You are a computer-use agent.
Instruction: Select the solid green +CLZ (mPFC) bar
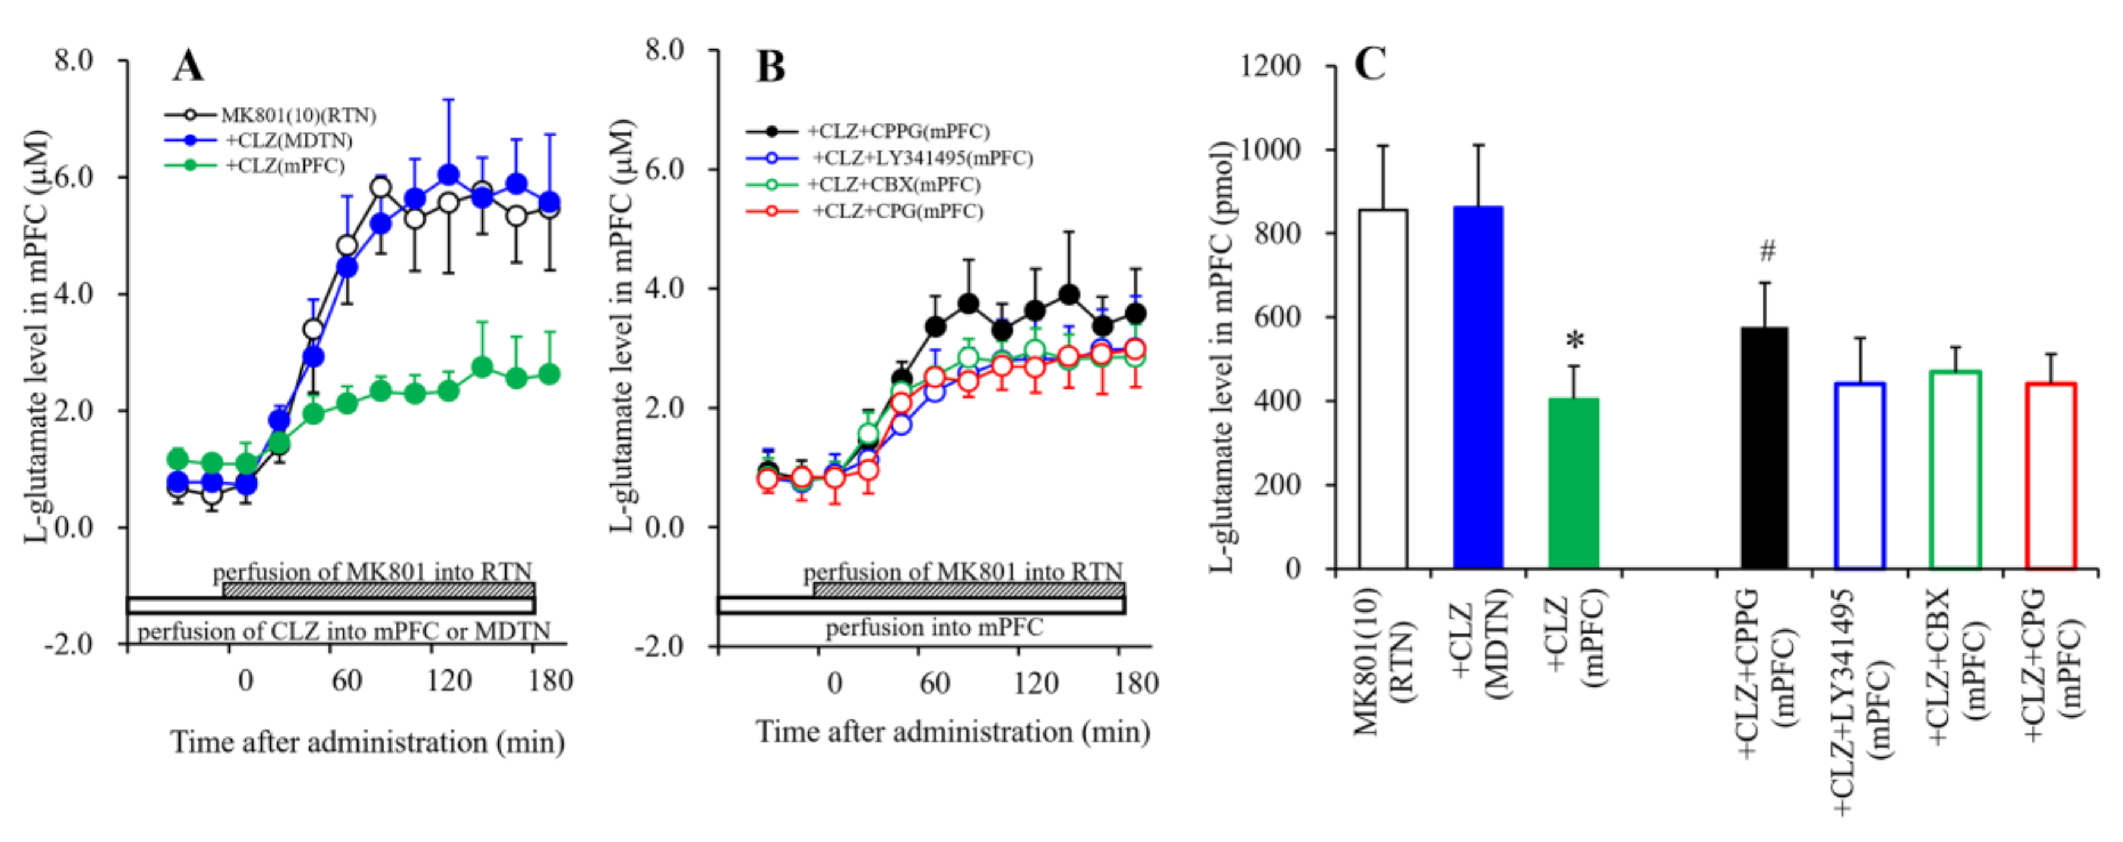pyautogui.click(x=1573, y=484)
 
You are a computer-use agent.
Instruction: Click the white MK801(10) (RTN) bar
pyautogui.click(x=1383, y=389)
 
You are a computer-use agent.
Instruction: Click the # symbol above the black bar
pyautogui.click(x=1767, y=250)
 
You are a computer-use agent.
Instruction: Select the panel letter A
pyautogui.click(x=188, y=66)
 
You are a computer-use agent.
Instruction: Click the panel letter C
pyautogui.click(x=1370, y=63)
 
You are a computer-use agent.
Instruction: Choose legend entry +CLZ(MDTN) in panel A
pyautogui.click(x=289, y=141)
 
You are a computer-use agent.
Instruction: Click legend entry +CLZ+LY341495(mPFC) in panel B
pyautogui.click(x=922, y=157)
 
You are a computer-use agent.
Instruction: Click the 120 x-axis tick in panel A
pyautogui.click(x=448, y=681)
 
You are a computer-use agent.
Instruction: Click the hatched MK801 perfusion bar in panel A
pyautogui.click(x=379, y=590)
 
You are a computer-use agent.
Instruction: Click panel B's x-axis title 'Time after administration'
pyautogui.click(x=953, y=732)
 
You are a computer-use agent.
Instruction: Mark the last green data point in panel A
pyautogui.click(x=549, y=374)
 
